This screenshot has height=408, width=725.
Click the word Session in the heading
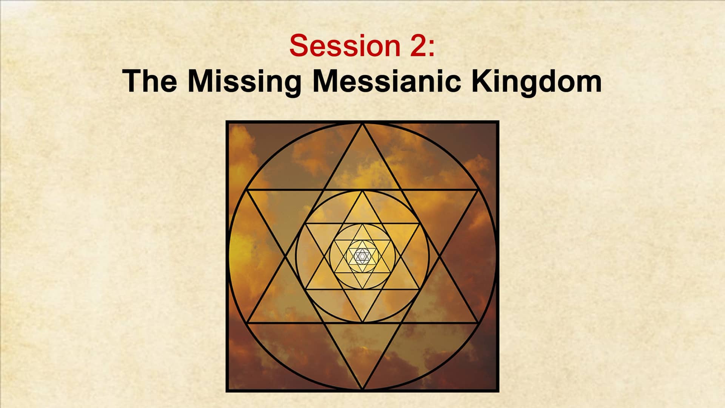point(345,46)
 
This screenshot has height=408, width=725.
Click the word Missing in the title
point(244,82)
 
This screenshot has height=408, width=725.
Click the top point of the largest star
point(362,124)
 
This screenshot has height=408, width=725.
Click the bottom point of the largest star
point(362,389)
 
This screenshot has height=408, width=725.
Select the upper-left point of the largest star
point(247,190)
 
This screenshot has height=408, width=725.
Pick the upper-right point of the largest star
point(478,190)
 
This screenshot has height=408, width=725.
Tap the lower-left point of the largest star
point(247,323)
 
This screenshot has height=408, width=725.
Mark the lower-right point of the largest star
point(478,323)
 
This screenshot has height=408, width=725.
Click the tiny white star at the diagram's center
point(362,257)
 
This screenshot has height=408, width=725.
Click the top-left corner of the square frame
point(227,122)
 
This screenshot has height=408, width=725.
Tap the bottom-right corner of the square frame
point(498,391)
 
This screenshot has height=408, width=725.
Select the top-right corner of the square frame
point(498,122)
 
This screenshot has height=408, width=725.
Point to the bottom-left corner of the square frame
point(227,391)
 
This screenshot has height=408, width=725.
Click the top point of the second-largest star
point(362,190)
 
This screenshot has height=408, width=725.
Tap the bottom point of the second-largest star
point(362,323)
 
